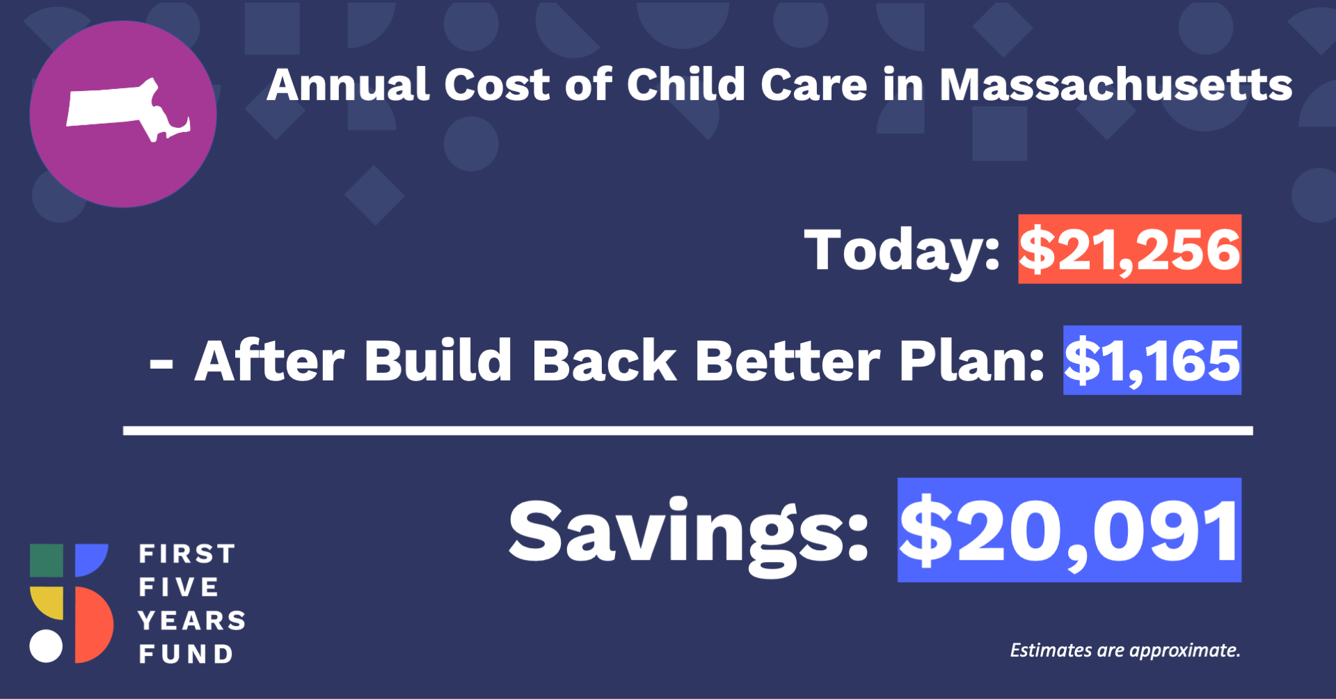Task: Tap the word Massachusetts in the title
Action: [1116, 85]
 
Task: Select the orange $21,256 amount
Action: [1129, 249]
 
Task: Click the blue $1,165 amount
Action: [1152, 360]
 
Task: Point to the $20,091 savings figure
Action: [1069, 530]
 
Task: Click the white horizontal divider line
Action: [687, 431]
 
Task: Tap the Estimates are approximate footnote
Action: [1125, 650]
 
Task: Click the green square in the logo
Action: [47, 561]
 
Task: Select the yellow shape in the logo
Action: [47, 603]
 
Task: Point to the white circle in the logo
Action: [46, 646]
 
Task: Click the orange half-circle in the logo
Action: [93, 625]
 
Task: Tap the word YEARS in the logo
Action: [192, 620]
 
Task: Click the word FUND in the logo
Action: [186, 654]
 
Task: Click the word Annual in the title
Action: [349, 85]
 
